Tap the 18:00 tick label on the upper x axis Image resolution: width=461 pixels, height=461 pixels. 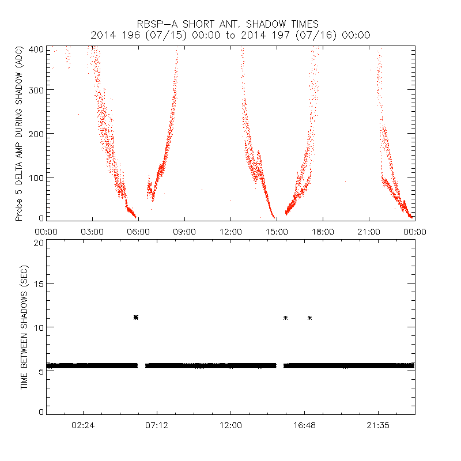[x=323, y=232]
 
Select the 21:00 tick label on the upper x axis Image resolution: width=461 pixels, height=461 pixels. [x=369, y=232]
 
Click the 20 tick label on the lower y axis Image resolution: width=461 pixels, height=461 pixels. [x=39, y=243]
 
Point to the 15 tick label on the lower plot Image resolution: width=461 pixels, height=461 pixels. [x=39, y=284]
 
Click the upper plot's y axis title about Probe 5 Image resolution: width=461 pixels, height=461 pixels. [x=19, y=135]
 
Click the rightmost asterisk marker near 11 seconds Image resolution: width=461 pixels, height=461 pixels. [x=310, y=318]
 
